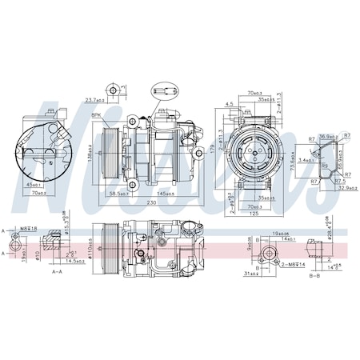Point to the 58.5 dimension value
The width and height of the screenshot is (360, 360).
pos(122,194)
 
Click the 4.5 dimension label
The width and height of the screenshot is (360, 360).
pos(229,103)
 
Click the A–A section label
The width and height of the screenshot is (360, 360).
pos(58,271)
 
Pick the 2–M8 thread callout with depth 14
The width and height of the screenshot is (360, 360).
pos(292,262)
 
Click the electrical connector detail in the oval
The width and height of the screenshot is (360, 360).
pos(165,89)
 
